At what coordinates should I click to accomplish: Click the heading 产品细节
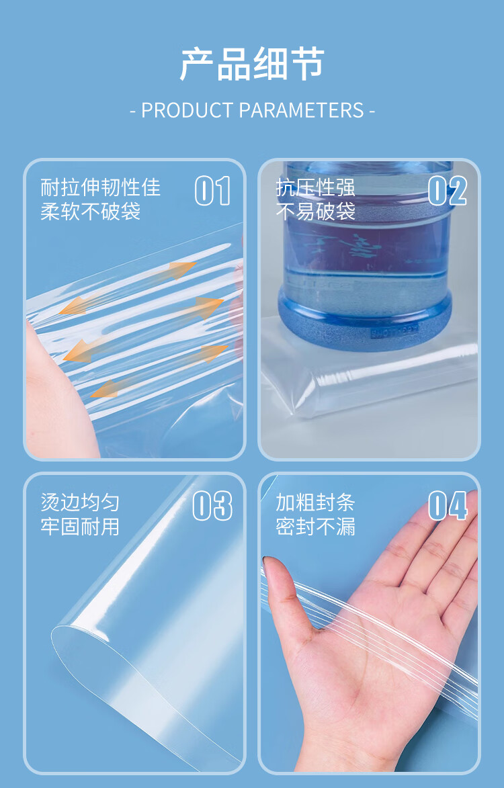point(252,64)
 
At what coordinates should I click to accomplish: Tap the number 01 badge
point(212,191)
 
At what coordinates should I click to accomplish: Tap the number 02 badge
point(448,191)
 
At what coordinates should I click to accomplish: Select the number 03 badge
point(212,506)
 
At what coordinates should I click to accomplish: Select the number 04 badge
point(448,506)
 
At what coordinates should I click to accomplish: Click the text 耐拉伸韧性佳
point(101,187)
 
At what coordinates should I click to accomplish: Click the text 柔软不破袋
point(91,212)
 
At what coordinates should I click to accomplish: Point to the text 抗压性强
point(316,187)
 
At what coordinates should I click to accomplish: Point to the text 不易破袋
point(316,212)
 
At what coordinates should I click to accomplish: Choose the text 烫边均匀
point(80,502)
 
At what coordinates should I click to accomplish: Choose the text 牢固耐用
point(80,527)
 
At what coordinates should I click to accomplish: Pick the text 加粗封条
point(315,502)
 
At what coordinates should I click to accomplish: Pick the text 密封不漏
point(315,527)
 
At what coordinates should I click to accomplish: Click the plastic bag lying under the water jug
point(376,386)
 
